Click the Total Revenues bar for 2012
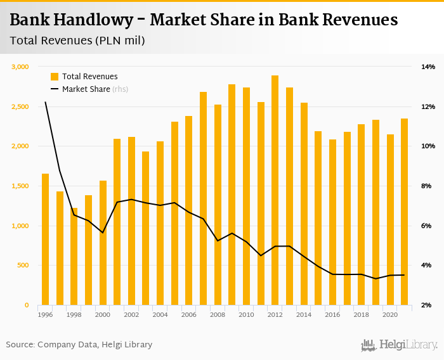click(275, 190)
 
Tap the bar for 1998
click(74, 256)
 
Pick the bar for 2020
click(390, 219)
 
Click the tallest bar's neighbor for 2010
click(246, 196)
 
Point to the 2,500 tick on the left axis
click(20, 106)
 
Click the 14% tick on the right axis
click(428, 67)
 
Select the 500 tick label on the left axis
click(23, 266)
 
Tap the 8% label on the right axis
click(428, 186)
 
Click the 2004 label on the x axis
click(160, 315)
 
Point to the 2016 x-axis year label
click(332, 315)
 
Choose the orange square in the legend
click(55, 77)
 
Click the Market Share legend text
click(86, 89)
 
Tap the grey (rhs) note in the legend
click(121, 89)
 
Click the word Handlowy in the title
click(96, 20)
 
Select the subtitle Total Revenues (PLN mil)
click(77, 41)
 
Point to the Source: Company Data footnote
click(79, 345)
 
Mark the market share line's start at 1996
click(45, 102)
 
